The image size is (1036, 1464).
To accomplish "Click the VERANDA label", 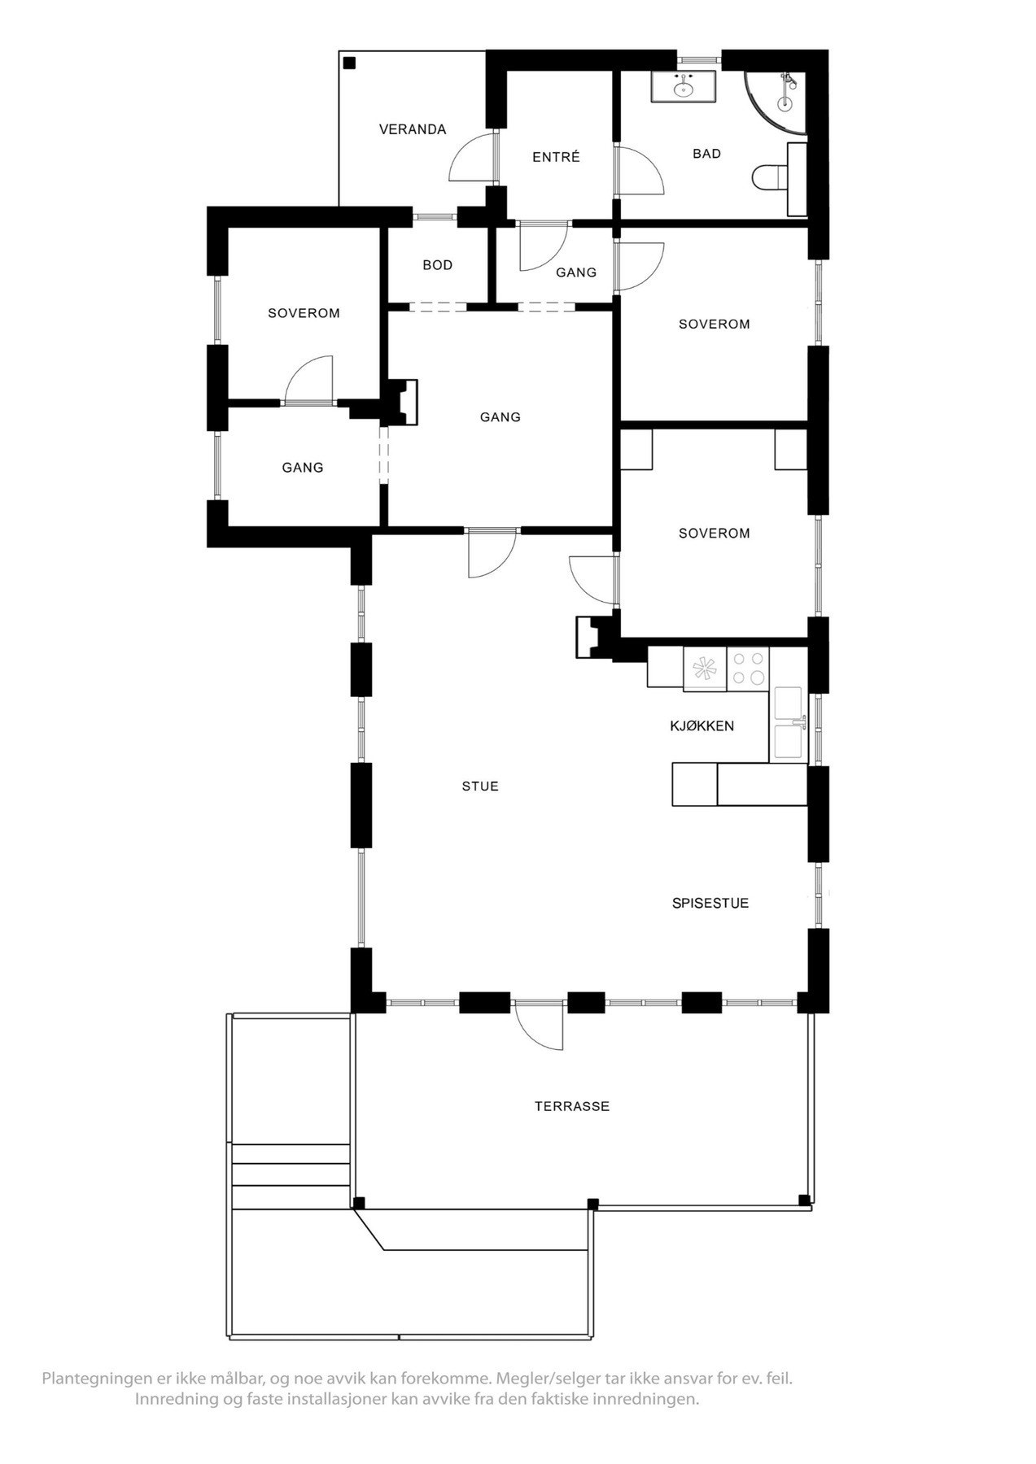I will pyautogui.click(x=413, y=129).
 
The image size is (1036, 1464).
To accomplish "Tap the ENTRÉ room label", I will pyautogui.click(x=556, y=157).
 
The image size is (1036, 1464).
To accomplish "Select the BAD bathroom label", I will pyautogui.click(x=706, y=154).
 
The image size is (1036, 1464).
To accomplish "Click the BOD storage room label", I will pyautogui.click(x=437, y=265).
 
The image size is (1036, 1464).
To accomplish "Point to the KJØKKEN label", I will pyautogui.click(x=702, y=725).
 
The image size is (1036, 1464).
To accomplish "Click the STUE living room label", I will pyautogui.click(x=479, y=786).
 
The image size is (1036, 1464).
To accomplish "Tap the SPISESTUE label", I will pyautogui.click(x=710, y=903).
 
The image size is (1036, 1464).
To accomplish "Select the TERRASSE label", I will pyautogui.click(x=571, y=1106).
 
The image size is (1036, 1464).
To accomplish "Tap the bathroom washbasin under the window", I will pyautogui.click(x=683, y=85).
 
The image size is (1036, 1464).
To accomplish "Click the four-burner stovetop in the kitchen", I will pyautogui.click(x=748, y=668).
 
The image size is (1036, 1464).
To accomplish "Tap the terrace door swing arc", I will pyautogui.click(x=539, y=1026).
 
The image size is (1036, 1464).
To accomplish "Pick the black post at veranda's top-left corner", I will pyautogui.click(x=349, y=63).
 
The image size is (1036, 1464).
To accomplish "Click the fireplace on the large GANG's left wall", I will pyautogui.click(x=403, y=403).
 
